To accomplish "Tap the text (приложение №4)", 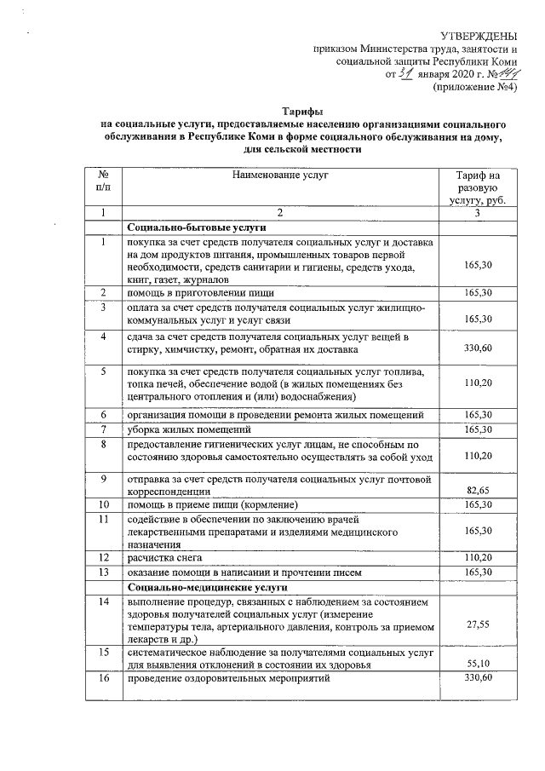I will pos(476,86).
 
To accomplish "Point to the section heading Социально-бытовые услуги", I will pos(197,228).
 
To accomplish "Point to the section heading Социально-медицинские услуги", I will pos(209,588).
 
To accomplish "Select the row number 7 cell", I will pos(102,429).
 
